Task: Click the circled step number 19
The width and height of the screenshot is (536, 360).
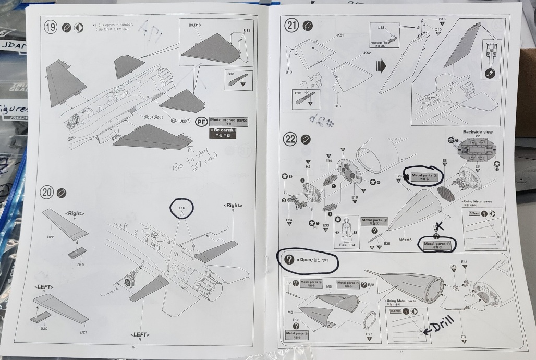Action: coord(51,28)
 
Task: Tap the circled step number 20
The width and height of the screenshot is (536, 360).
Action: coord(47,193)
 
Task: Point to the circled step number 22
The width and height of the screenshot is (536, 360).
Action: coord(290,139)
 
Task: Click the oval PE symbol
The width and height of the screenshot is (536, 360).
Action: coord(201,123)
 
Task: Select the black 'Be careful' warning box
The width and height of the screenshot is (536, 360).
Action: coord(222,133)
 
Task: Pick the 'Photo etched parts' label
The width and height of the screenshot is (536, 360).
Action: coord(228,121)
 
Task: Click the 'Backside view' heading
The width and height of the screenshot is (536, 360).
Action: coord(477,132)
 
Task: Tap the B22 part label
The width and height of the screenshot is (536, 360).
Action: coord(50,237)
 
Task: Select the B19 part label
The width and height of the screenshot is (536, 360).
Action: coord(81,265)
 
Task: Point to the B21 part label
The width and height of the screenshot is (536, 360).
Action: coord(83,332)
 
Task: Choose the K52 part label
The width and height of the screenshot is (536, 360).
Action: coord(368,53)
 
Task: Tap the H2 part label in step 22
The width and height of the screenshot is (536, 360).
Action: coord(308,166)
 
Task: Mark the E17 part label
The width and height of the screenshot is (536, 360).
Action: coord(369,333)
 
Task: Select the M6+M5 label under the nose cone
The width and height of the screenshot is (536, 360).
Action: coord(405,240)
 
